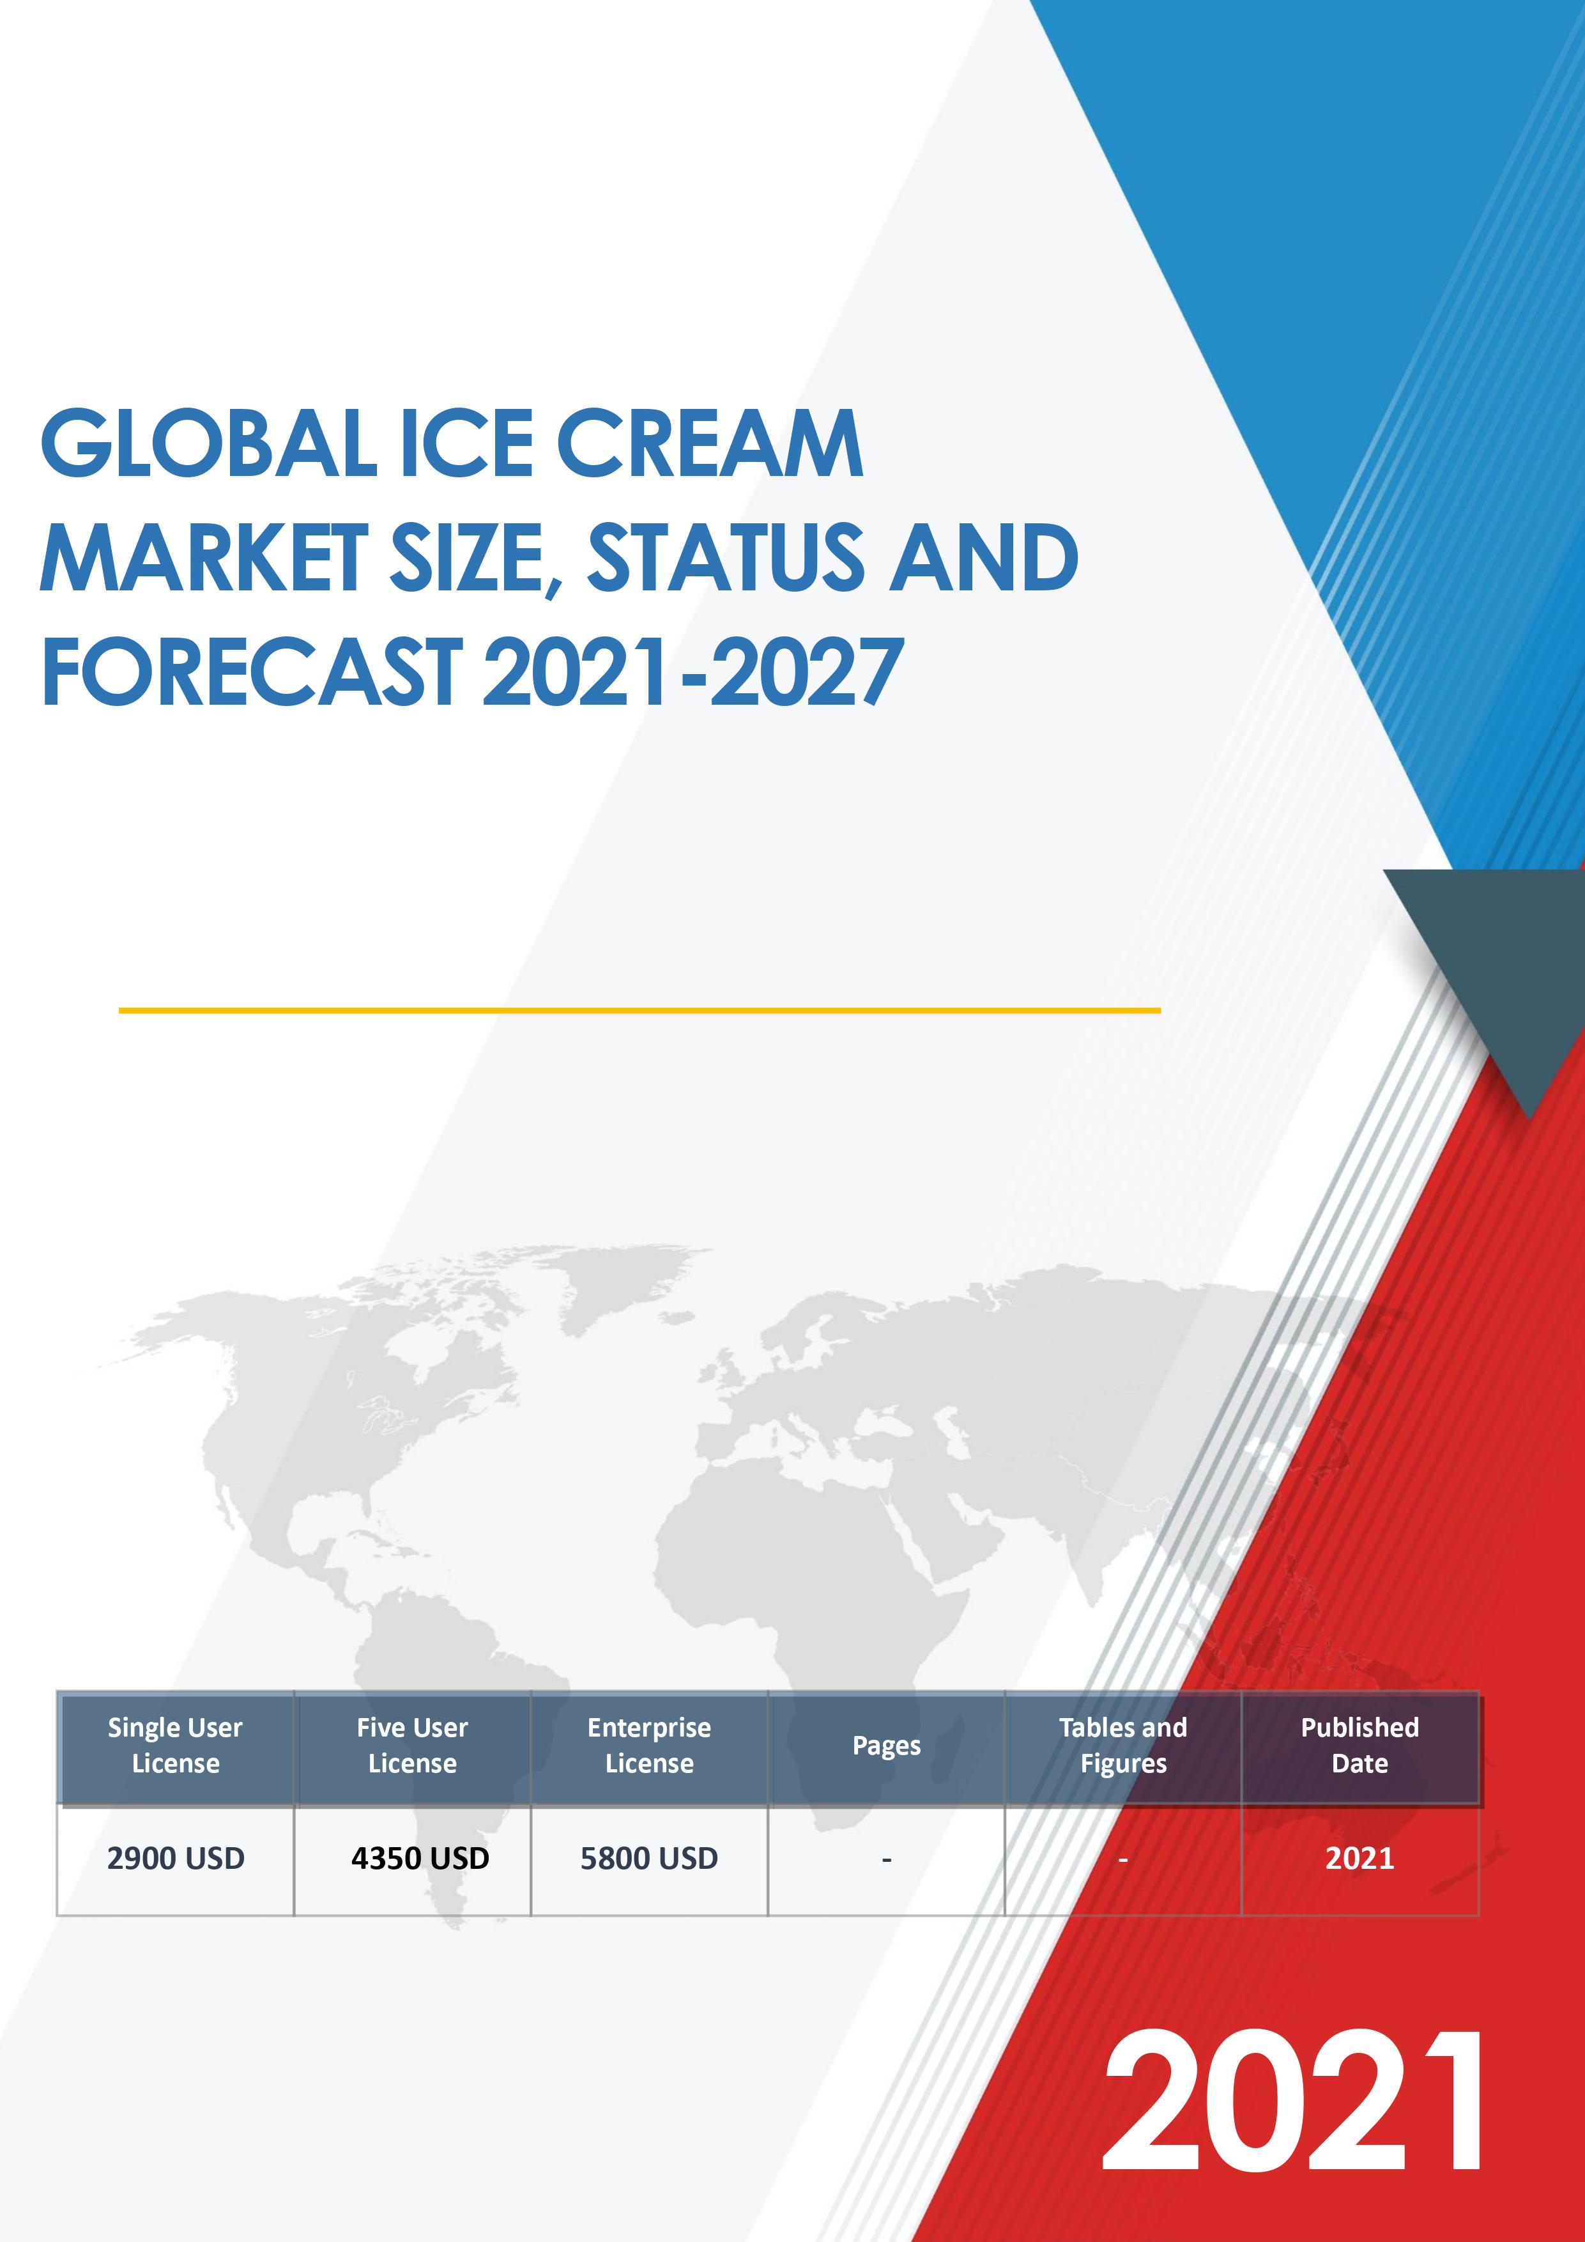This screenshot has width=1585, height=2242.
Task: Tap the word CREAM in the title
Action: [x=710, y=444]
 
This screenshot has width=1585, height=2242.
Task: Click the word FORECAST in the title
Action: [x=251, y=671]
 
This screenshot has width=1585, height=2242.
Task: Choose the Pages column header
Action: [x=887, y=1746]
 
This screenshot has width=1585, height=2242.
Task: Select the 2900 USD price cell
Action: [x=176, y=1858]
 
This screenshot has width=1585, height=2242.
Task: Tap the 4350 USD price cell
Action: [x=420, y=1858]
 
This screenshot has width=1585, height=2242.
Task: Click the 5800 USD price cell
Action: [x=650, y=1858]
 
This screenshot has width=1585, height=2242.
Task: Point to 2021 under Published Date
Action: [x=1360, y=1858]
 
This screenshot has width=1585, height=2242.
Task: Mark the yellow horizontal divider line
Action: [x=639, y=1010]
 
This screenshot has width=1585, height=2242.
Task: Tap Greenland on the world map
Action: [x=606, y=1279]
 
